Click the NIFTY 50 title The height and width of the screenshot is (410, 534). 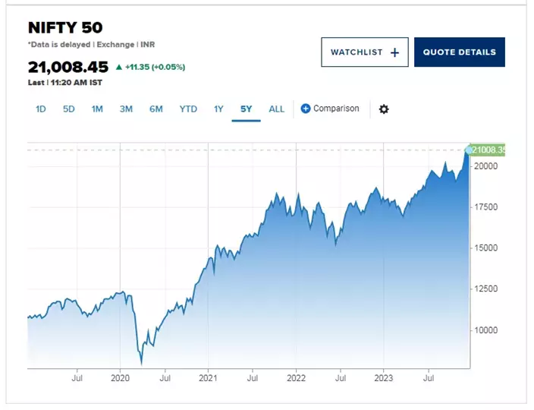tap(65, 27)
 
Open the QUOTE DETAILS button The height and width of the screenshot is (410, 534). tap(459, 52)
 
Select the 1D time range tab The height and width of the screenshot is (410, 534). tap(41, 109)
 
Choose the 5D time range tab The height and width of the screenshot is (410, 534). tap(69, 109)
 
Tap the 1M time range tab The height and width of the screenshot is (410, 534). tap(97, 109)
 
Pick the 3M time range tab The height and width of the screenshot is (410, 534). tap(126, 109)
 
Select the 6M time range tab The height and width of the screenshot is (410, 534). tap(156, 109)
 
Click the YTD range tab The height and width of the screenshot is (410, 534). tap(188, 109)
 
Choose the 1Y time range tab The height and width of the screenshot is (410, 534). tap(218, 109)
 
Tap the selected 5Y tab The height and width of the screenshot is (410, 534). tap(247, 109)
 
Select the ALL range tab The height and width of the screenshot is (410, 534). tap(277, 109)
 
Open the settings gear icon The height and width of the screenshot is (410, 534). tap(384, 109)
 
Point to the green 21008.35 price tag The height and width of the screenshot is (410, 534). tap(488, 150)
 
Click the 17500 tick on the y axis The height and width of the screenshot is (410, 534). tap(485, 207)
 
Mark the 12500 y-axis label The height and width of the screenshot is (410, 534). tap(485, 289)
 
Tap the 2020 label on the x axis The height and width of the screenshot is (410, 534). tap(121, 377)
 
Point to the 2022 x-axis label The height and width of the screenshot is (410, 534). tap(296, 377)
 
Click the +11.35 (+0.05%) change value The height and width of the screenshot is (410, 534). tap(154, 67)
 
